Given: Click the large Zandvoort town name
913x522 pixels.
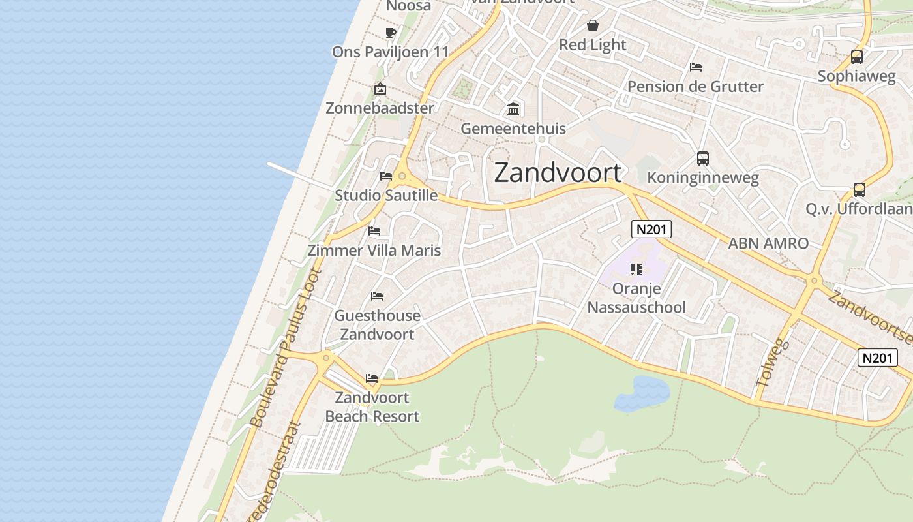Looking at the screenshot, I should tap(558, 173).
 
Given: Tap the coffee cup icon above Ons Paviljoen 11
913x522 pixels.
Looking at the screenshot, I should tap(391, 33).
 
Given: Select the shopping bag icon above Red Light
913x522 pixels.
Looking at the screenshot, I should tap(593, 25).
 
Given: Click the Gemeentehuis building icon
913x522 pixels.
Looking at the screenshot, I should tap(513, 109).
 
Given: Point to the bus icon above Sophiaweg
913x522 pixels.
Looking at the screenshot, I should tap(857, 57).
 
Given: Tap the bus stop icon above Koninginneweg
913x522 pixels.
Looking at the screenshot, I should tap(702, 158).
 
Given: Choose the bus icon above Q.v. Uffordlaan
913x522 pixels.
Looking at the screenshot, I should tap(860, 190).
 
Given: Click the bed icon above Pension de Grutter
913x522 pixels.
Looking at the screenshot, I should tap(696, 67).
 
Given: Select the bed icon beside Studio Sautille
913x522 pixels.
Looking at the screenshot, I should tap(386, 176).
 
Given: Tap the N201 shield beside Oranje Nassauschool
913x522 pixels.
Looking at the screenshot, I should tap(651, 229).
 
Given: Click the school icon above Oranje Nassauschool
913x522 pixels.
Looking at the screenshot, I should tap(636, 269).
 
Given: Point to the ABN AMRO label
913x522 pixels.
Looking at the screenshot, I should tap(768, 243).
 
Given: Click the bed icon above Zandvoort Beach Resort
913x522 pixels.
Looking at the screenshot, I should tap(372, 378).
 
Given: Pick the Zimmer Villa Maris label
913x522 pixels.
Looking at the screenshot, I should tap(374, 251).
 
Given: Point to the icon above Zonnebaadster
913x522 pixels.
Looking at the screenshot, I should tap(380, 89).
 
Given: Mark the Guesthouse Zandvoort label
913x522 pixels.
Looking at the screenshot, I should tap(377, 325).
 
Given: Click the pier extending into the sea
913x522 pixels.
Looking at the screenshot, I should tap(300, 177).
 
